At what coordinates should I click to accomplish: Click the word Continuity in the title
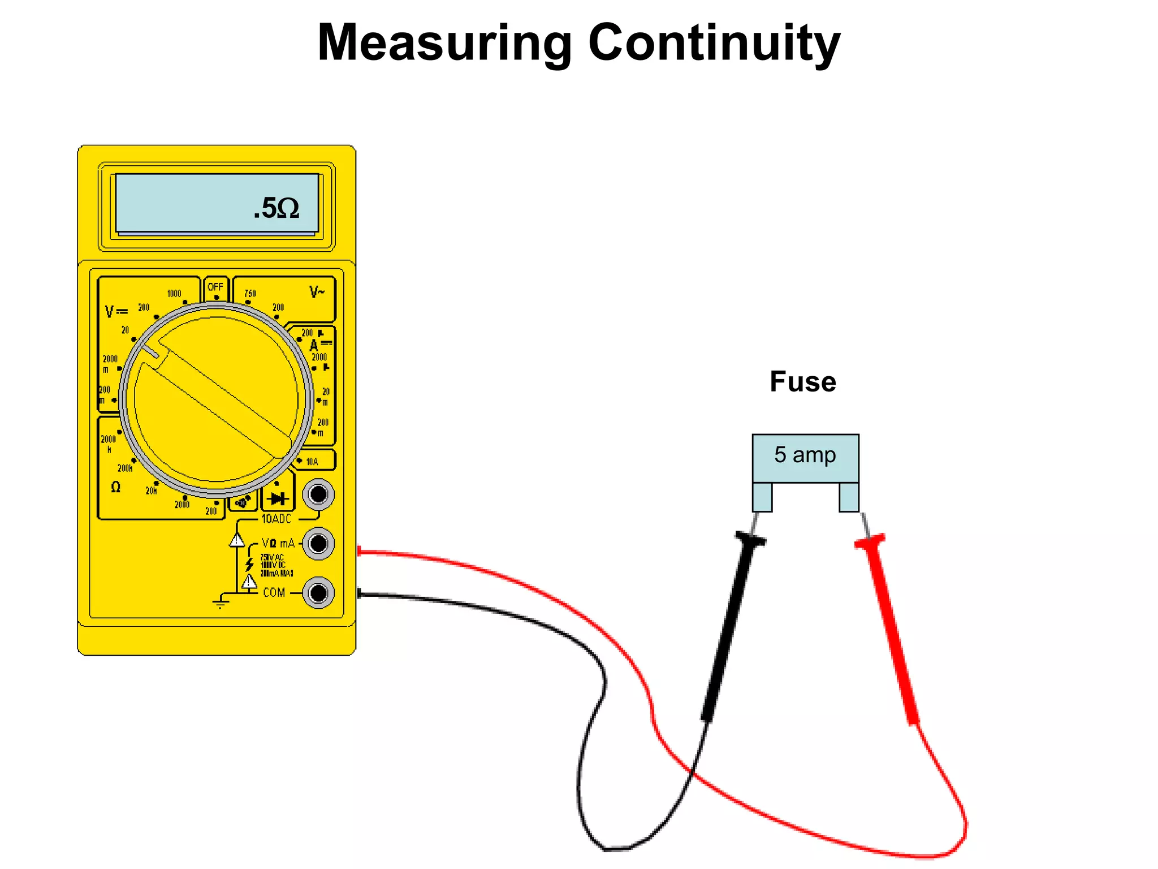coord(714,43)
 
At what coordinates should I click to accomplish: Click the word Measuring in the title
coord(445,43)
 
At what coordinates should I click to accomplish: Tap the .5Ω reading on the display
coord(276,208)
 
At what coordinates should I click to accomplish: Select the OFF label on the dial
coord(215,287)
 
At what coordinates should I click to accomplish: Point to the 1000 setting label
coord(174,293)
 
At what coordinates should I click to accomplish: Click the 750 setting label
coord(250,293)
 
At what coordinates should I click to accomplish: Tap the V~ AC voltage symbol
coord(317,292)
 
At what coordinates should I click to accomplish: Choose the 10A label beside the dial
coord(312,462)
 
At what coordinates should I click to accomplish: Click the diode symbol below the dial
coord(278,498)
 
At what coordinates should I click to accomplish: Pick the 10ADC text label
coord(276,519)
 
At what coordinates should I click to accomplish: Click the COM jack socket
coord(318,593)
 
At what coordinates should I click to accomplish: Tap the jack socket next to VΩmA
coord(318,544)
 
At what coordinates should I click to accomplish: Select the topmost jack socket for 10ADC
coord(318,494)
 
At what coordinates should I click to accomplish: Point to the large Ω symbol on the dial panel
coord(115,487)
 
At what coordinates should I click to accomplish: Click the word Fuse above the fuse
coord(802,381)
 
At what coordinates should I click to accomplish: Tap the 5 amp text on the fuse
coord(805,455)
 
